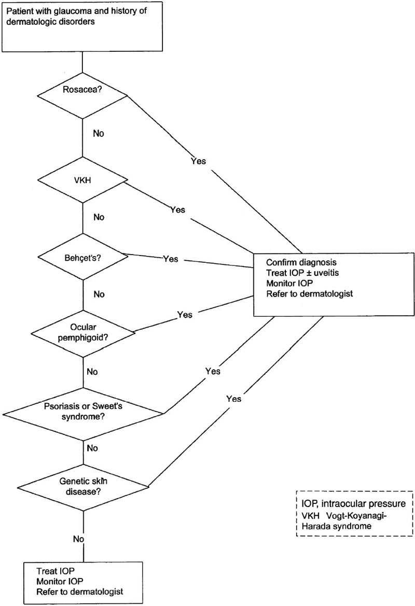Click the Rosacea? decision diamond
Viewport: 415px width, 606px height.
(82, 95)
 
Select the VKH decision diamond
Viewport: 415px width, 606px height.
(82, 181)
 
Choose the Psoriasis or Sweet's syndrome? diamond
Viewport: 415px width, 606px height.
(82, 414)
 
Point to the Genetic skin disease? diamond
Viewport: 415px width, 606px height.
(82, 486)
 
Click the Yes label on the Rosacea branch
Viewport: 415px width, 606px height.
(198, 161)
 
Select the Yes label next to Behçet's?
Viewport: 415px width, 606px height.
(171, 258)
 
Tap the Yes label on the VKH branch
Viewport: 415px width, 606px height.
(177, 210)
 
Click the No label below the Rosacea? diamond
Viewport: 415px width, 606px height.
(99, 133)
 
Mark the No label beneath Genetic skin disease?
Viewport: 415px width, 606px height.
(78, 539)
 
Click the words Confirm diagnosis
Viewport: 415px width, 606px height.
(298, 262)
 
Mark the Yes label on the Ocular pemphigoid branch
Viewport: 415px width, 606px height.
(185, 314)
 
